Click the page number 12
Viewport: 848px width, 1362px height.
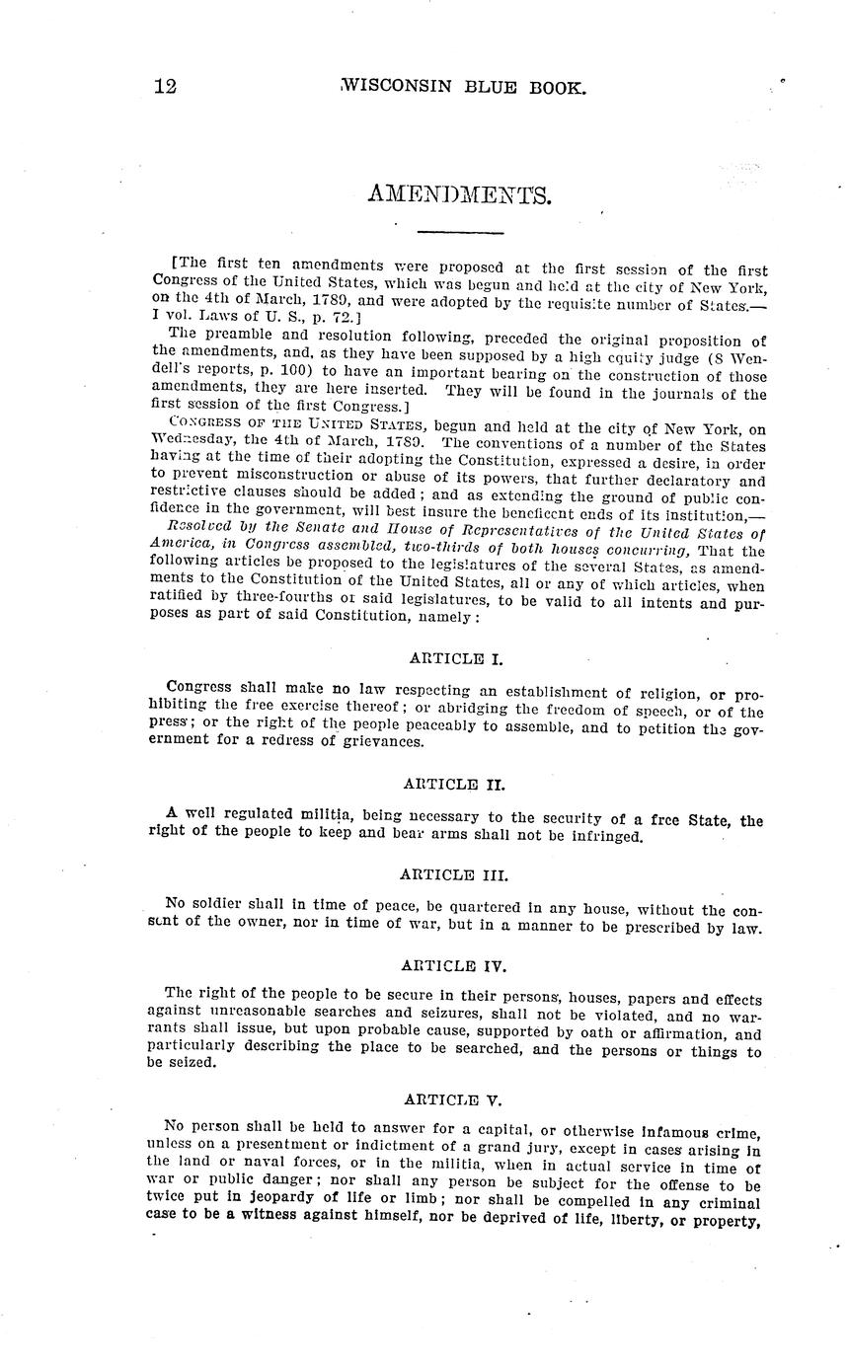point(166,86)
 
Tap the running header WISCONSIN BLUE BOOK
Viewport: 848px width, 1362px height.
point(463,87)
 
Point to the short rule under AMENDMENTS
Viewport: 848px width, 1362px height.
point(460,233)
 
